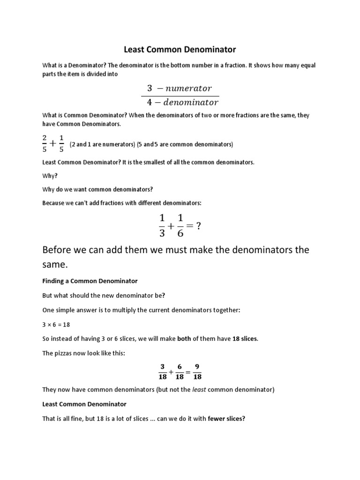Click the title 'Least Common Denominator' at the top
(180, 49)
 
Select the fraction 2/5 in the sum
(45, 144)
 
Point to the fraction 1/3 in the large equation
(163, 225)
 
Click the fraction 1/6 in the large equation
(180, 225)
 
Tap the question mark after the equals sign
(199, 225)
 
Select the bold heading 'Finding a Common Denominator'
(90, 281)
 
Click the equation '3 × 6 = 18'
(56, 324)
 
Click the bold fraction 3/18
(163, 371)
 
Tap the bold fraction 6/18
(180, 371)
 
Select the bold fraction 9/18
(196, 371)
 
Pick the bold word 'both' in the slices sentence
(184, 339)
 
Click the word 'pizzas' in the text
(63, 353)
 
